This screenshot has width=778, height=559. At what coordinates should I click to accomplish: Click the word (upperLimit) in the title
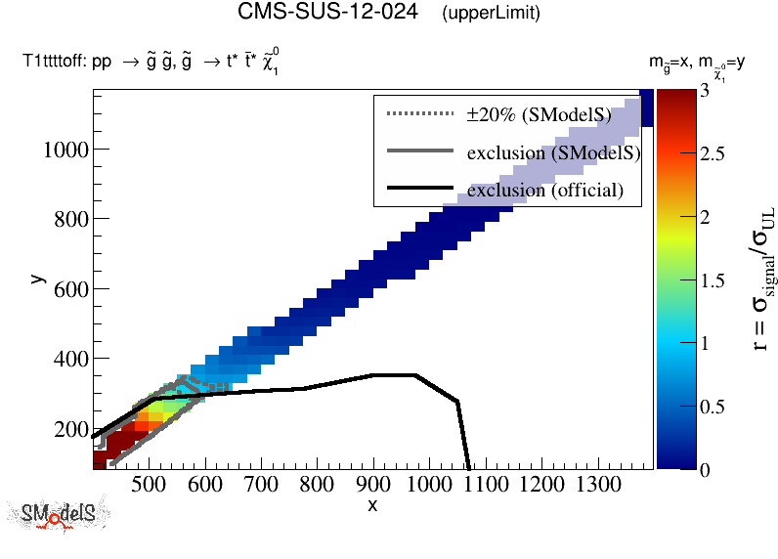[x=491, y=14]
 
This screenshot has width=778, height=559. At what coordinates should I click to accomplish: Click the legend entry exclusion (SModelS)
[x=553, y=152]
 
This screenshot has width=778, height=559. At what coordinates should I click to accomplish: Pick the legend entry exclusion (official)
[x=544, y=190]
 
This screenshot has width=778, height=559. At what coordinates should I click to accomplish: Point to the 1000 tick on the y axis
[x=63, y=150]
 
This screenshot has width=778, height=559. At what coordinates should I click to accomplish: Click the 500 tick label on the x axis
[x=147, y=484]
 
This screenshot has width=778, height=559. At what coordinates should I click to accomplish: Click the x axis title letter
[x=372, y=504]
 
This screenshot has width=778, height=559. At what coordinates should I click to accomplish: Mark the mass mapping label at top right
[x=698, y=64]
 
